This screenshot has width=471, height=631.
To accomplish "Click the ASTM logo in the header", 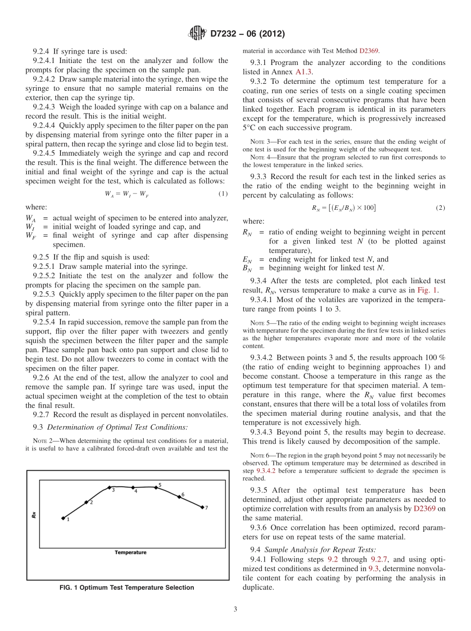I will coord(197,34).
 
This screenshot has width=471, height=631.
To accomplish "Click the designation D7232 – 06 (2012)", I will coord(247,34).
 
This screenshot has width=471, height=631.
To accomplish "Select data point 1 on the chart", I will coord(63,518).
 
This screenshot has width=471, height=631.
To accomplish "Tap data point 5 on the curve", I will coord(156,487).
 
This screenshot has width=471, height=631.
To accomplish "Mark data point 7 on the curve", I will coord(202,507).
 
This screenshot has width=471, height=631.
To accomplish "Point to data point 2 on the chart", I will coord(86,503).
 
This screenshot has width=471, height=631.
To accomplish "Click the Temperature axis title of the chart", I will coord(130,553).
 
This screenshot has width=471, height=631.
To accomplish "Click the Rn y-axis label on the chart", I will coord(34,515).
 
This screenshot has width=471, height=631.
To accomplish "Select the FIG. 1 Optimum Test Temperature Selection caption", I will coord(127,588).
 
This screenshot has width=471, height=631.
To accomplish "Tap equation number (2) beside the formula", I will coord(440,208).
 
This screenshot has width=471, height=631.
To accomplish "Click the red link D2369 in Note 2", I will coord(369,50).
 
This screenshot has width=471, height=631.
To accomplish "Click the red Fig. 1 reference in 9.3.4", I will coord(427,290).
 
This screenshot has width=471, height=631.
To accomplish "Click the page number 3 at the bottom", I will coord(235,609).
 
